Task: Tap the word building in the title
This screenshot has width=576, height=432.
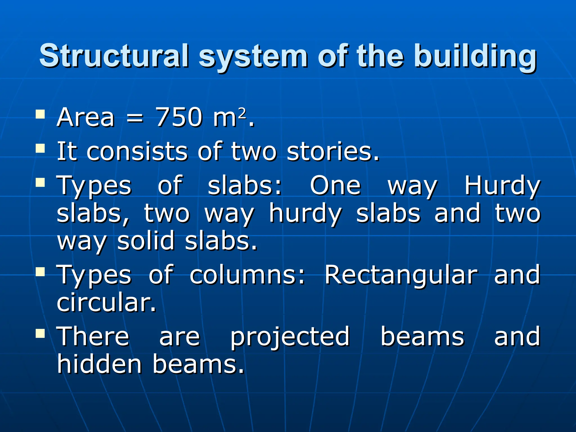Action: (x=475, y=56)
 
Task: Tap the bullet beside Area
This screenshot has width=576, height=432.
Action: (x=40, y=114)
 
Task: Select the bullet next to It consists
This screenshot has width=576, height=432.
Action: (x=40, y=148)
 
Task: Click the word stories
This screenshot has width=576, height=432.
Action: (x=333, y=152)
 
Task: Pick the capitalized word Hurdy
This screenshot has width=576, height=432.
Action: (x=502, y=186)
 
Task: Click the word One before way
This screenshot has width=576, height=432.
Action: (x=335, y=185)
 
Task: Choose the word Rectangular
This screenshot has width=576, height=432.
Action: (x=401, y=275)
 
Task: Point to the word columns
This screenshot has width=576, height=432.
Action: (x=247, y=275)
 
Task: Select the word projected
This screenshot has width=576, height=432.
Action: (x=290, y=337)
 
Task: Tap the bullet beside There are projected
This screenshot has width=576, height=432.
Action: (x=40, y=334)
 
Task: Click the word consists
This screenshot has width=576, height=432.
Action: (x=137, y=152)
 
